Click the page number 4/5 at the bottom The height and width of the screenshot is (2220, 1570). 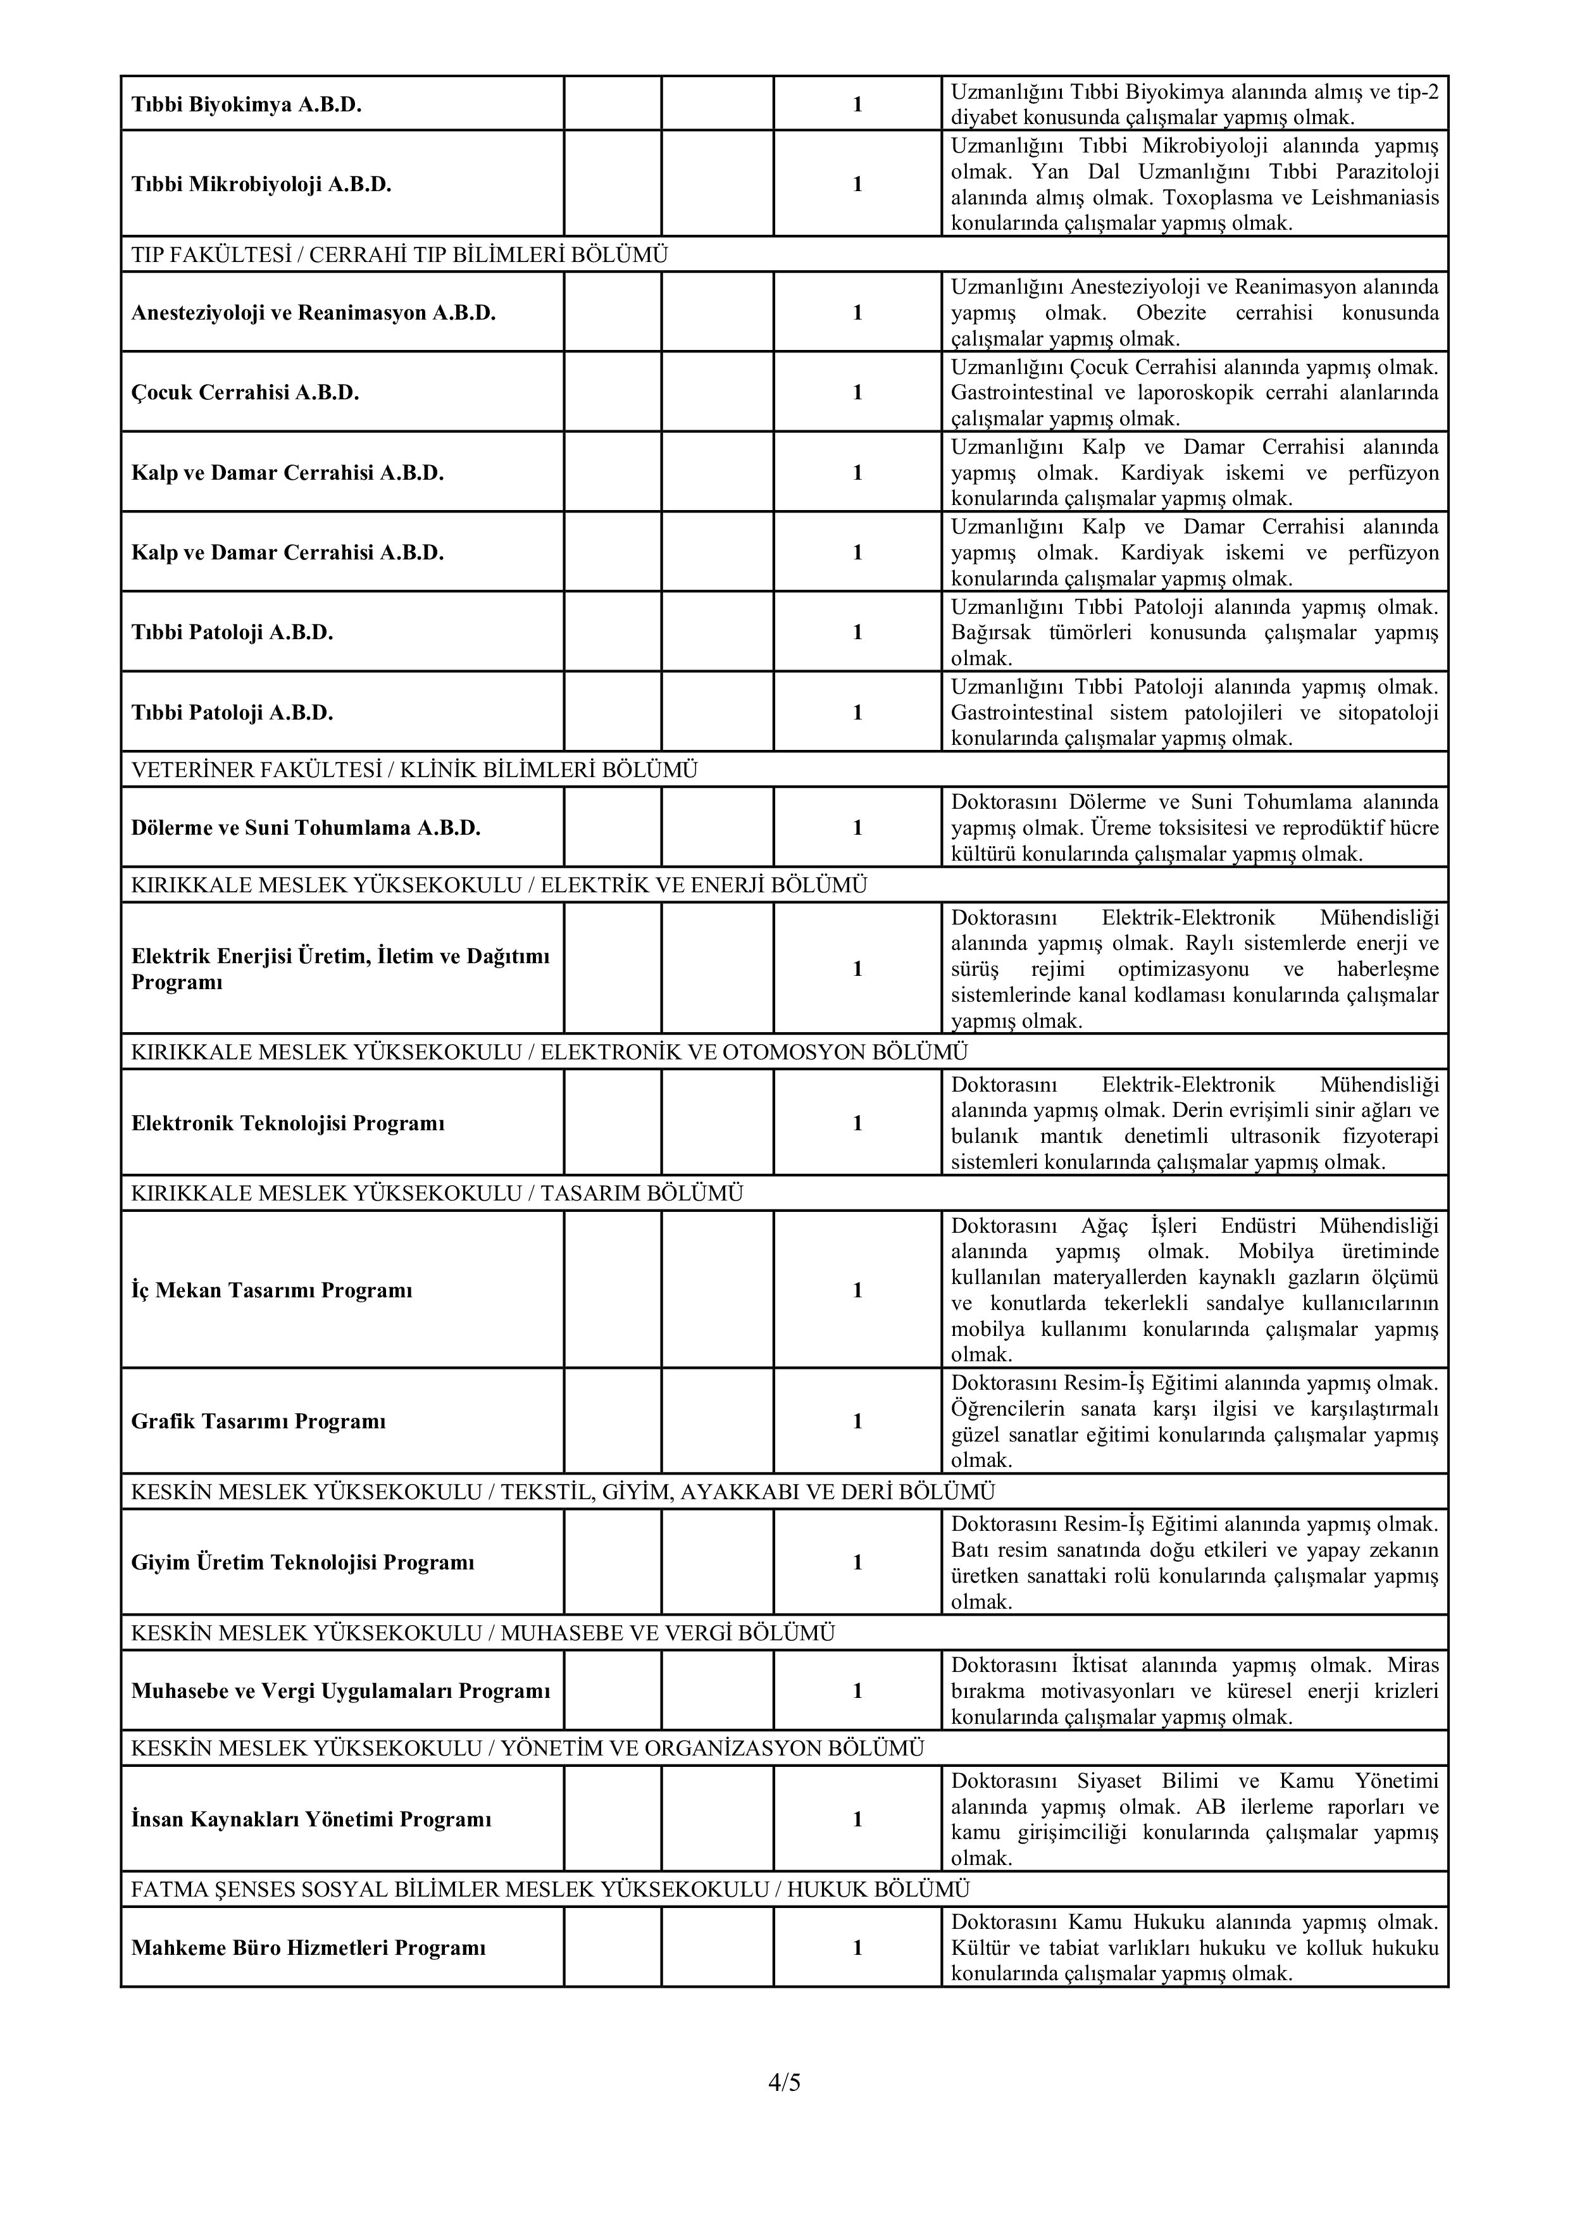pos(784,2082)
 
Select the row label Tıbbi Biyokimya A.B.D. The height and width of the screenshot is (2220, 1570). pos(247,104)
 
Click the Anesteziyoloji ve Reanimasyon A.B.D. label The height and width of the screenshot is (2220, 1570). pos(313,313)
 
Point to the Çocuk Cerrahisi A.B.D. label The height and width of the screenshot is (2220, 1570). pos(245,392)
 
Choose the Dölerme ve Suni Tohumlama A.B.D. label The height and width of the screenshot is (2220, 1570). pos(306,828)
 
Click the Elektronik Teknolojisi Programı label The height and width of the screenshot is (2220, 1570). pos(288,1123)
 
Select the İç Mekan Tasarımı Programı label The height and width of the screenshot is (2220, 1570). pos(271,1290)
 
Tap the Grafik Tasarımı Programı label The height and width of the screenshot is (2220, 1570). pos(258,1421)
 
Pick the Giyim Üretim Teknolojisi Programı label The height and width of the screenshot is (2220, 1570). pos(302,1562)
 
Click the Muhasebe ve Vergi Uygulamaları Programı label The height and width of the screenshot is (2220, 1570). pos(340,1691)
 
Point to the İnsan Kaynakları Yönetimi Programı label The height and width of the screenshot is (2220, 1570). pos(311,1819)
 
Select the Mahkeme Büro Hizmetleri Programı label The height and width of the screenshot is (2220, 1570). pos(308,1947)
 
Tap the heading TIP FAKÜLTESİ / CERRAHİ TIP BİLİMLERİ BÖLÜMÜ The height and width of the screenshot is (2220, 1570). pos(399,255)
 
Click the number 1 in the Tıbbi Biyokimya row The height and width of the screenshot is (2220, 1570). pos(857,104)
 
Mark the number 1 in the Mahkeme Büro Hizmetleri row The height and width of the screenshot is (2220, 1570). pos(857,1947)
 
